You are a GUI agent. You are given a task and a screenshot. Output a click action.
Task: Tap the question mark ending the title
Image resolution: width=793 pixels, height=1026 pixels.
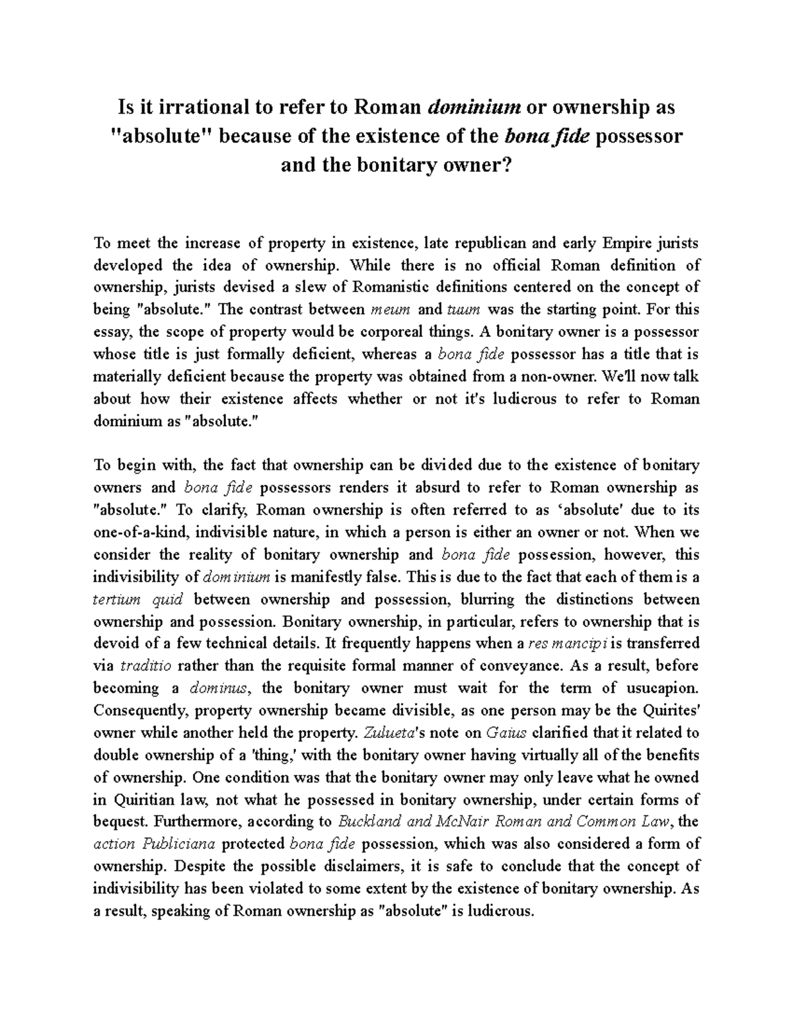point(508,165)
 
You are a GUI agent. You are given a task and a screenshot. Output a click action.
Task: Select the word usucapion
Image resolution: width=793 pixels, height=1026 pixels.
point(661,688)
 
